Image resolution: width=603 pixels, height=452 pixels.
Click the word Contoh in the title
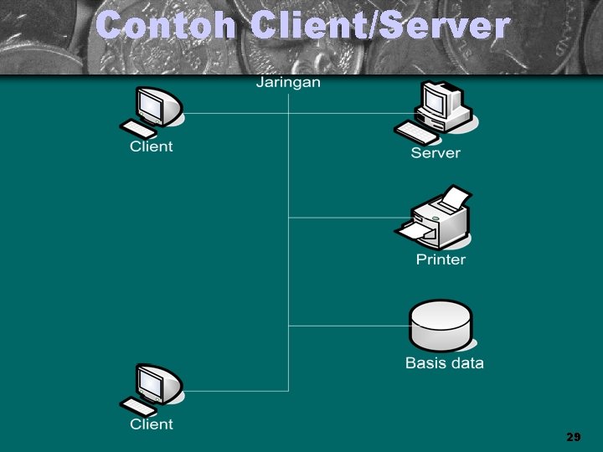click(x=167, y=26)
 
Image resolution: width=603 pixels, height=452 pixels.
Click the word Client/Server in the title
click(x=379, y=26)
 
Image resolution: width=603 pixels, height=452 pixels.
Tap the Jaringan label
click(x=288, y=82)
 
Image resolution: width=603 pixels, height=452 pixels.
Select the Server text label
click(x=435, y=152)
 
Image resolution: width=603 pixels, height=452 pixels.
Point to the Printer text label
click(x=441, y=259)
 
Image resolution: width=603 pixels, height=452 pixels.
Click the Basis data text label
click(x=444, y=363)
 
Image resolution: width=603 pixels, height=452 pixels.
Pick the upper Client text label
click(x=151, y=146)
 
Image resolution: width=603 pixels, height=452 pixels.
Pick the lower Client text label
click(x=151, y=424)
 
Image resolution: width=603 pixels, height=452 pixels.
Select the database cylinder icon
click(x=441, y=326)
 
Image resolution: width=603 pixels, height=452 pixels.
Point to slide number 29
click(x=574, y=438)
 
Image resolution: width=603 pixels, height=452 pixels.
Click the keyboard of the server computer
click(x=416, y=133)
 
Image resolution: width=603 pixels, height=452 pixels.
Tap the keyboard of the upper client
click(x=138, y=130)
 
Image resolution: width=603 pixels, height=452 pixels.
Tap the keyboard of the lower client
click(x=138, y=408)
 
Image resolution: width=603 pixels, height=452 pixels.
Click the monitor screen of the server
click(x=435, y=100)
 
